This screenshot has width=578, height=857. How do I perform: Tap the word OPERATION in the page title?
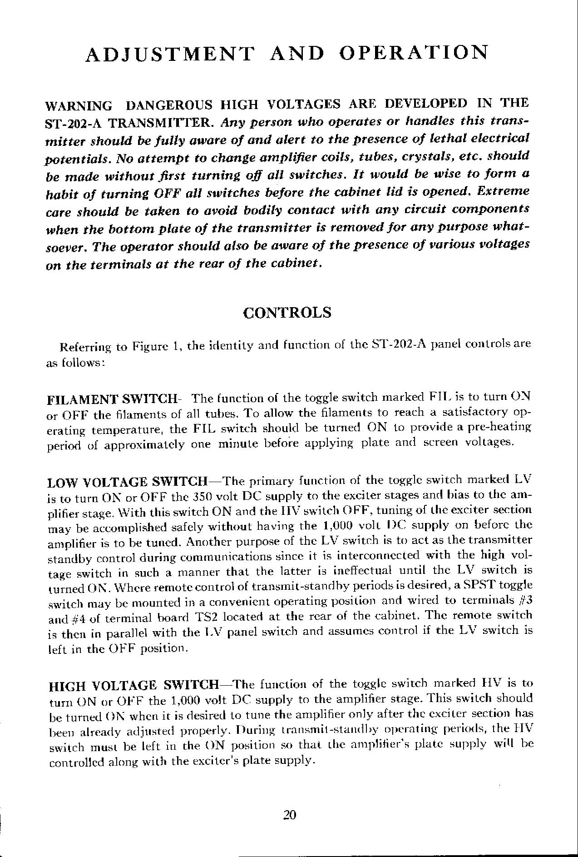[x=414, y=52]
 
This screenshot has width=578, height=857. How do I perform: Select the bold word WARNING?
[x=79, y=106]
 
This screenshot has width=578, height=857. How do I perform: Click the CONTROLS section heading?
[x=287, y=313]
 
